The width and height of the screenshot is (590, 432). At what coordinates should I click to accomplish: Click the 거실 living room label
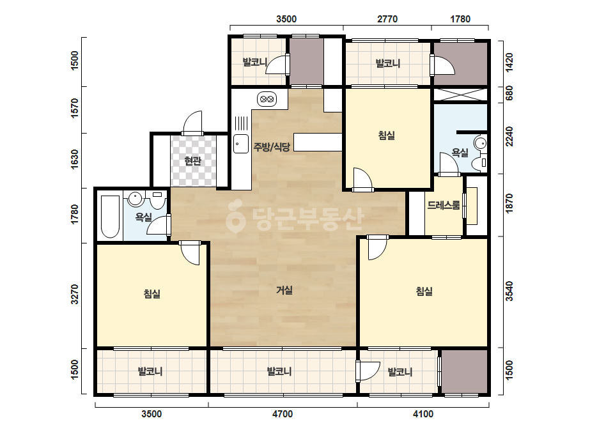[284, 290]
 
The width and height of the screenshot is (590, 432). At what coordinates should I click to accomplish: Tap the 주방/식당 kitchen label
[272, 147]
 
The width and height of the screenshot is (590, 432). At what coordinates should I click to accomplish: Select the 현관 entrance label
[192, 161]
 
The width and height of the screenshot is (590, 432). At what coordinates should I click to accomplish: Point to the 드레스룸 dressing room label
[444, 206]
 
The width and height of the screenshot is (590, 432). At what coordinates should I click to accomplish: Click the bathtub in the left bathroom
[110, 217]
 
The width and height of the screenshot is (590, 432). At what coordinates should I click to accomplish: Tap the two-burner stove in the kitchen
[267, 99]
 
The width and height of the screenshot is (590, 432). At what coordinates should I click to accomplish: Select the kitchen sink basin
[241, 144]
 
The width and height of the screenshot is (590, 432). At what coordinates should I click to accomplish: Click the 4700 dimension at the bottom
[282, 414]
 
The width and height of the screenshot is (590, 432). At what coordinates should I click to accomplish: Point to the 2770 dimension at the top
[387, 19]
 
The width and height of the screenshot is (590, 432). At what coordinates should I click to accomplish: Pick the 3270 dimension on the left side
[75, 294]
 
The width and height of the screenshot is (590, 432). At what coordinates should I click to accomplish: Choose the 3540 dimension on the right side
[509, 291]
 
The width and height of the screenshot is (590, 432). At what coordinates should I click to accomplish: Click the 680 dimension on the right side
[509, 93]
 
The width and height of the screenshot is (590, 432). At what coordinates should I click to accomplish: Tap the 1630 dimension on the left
[75, 160]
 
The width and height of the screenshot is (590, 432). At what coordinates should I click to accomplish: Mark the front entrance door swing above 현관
[192, 122]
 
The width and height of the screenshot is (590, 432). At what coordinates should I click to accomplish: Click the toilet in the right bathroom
[479, 163]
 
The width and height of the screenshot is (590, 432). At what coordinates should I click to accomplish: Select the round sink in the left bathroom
[135, 198]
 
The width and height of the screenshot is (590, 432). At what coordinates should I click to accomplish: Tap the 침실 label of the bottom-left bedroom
[152, 293]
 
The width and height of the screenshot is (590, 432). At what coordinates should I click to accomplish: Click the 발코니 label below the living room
[279, 371]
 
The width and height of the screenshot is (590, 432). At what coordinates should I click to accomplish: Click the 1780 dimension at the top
[460, 19]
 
